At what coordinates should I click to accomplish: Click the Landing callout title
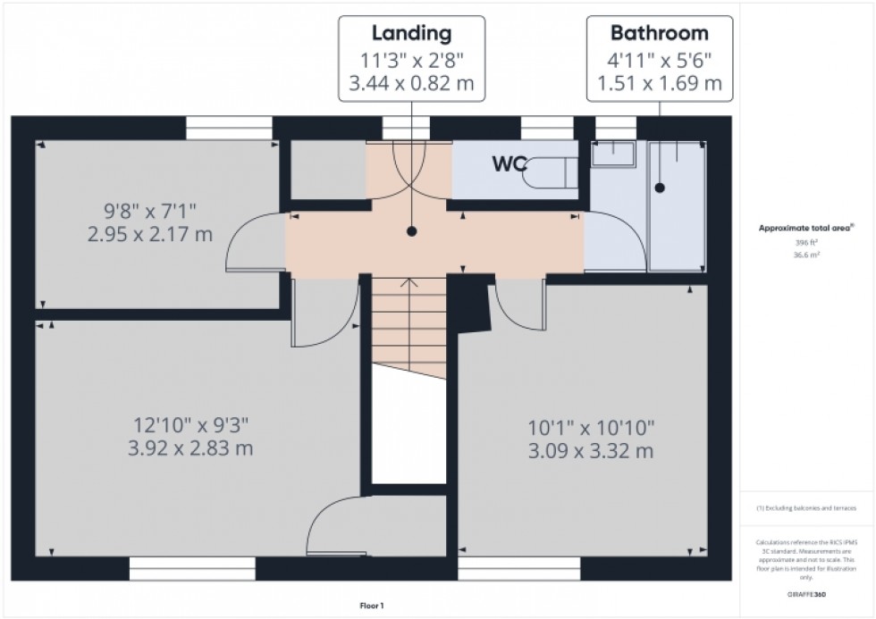(x=411, y=34)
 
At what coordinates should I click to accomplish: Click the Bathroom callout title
(x=659, y=34)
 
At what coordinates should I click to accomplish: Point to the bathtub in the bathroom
(x=677, y=205)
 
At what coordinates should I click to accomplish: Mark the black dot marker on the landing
(x=412, y=231)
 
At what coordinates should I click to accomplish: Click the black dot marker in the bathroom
(x=660, y=188)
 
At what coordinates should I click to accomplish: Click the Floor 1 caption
(x=370, y=606)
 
